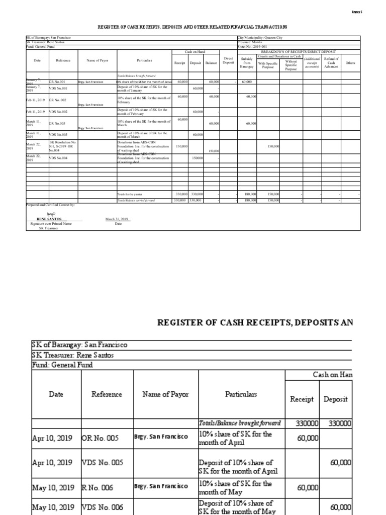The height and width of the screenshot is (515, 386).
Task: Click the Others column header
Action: pos(350,63)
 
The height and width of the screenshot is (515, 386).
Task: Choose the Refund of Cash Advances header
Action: pos(331,62)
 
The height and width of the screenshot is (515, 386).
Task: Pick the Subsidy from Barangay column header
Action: pos(246,62)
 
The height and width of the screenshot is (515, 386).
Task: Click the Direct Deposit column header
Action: pos(228,60)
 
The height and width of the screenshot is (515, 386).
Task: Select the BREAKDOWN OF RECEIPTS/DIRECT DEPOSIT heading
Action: pos(298,51)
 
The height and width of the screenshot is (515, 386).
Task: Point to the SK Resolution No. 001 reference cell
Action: pos(62,146)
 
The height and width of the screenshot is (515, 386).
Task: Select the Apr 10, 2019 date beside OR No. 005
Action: pos(53,438)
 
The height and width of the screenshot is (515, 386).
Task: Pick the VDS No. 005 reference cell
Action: pos(103,463)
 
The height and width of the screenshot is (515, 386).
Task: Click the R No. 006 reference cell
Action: pos(100,487)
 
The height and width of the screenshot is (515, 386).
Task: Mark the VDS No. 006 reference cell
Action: pos(103,507)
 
